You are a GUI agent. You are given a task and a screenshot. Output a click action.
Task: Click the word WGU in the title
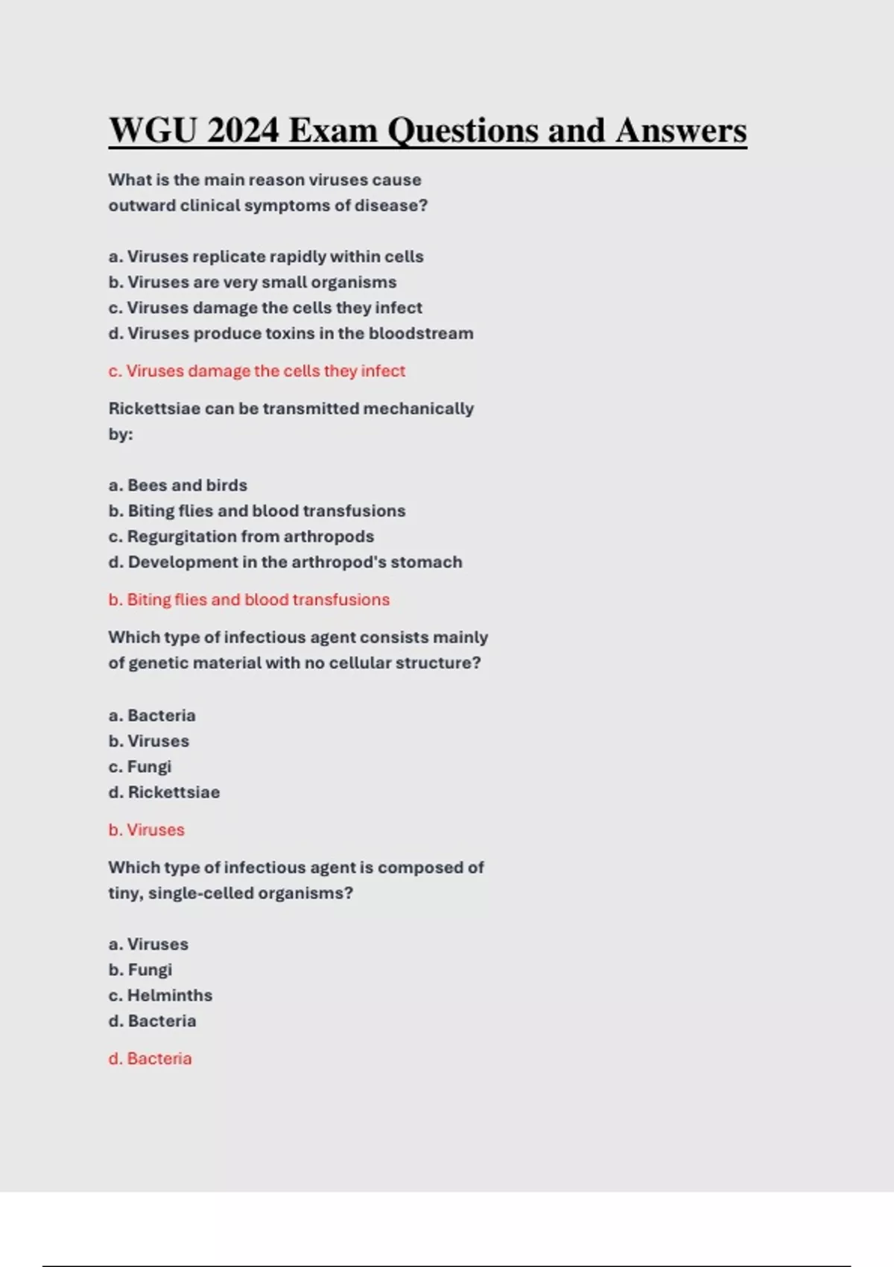click(x=152, y=131)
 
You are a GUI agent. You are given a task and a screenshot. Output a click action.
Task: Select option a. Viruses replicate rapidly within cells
click(x=266, y=256)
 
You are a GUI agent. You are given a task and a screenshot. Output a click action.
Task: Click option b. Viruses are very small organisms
click(x=253, y=282)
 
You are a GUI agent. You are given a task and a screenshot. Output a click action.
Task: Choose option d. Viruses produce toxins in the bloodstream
click(x=291, y=333)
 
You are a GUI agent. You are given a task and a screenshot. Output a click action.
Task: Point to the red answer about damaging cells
click(x=257, y=371)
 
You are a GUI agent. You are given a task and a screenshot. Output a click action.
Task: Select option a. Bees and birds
click(x=178, y=485)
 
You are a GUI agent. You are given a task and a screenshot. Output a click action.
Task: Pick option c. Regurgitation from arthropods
click(x=241, y=537)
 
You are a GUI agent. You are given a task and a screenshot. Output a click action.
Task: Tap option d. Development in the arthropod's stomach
click(x=285, y=562)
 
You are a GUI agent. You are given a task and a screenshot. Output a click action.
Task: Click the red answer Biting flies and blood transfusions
click(x=249, y=600)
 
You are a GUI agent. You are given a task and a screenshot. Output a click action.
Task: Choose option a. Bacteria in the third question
click(x=152, y=715)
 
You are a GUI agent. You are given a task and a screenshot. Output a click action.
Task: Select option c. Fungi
click(x=140, y=767)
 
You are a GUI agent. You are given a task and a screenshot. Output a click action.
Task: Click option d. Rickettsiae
click(x=164, y=792)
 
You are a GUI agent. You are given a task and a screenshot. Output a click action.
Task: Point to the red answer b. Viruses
click(x=147, y=830)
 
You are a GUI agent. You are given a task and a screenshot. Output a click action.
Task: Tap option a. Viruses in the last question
click(x=148, y=944)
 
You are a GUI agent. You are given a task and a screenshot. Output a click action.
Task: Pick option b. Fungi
click(x=140, y=970)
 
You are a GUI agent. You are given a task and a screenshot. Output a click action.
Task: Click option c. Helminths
click(x=160, y=996)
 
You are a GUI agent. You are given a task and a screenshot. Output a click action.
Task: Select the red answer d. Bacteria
click(x=150, y=1059)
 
